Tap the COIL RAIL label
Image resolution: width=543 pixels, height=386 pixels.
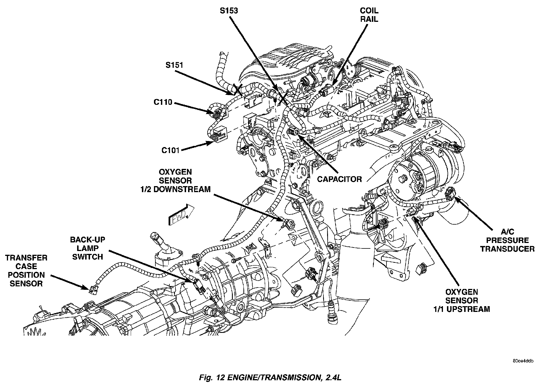coord(369,15)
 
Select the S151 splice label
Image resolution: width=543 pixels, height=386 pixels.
coord(174,65)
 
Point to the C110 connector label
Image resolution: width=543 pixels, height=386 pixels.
coord(163,102)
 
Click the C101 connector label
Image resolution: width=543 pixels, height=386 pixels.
coord(170,150)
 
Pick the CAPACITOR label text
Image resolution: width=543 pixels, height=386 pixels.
coord(339,179)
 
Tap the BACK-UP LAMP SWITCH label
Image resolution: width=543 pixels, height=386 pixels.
coord(88,248)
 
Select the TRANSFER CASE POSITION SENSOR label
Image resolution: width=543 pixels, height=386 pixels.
coord(26,271)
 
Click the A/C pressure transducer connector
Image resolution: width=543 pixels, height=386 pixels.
coord(450,195)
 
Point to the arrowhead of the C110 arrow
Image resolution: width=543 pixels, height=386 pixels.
coord(211,111)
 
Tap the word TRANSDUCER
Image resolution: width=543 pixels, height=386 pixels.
coord(507,249)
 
